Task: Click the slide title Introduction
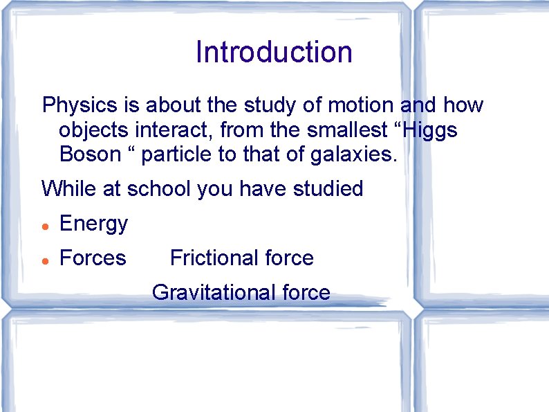click(274, 52)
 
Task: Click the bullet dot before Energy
click(44, 226)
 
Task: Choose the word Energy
click(94, 224)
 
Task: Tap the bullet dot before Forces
click(44, 260)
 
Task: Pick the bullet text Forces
click(93, 258)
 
